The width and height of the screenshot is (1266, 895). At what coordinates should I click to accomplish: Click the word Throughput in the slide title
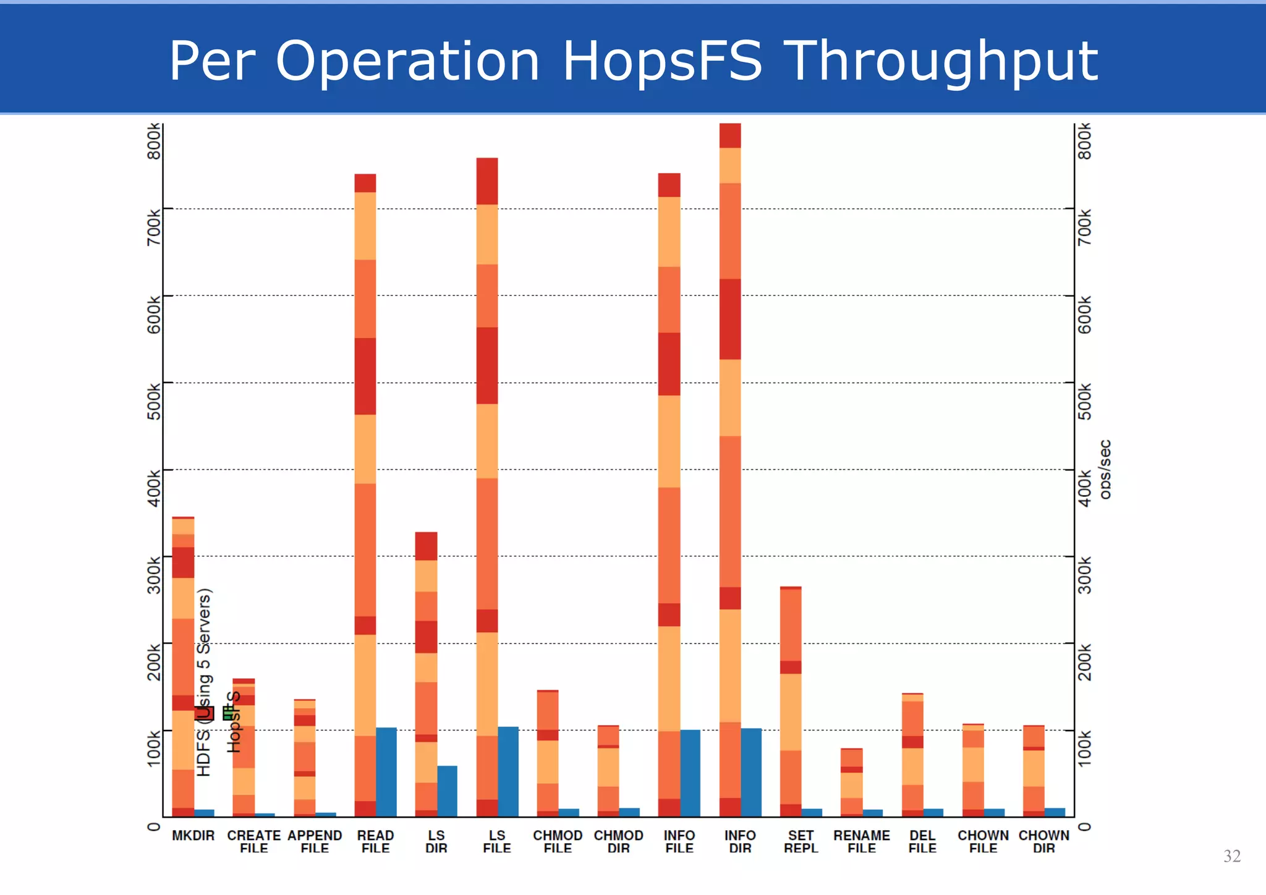click(944, 62)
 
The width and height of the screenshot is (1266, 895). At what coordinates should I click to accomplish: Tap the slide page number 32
click(1231, 856)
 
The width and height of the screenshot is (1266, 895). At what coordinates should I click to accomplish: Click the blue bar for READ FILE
click(386, 772)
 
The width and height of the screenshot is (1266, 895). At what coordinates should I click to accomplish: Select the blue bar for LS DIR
click(447, 791)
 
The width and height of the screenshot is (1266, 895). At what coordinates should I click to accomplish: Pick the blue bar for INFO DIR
click(751, 773)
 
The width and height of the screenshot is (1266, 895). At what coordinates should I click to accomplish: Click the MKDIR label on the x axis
click(193, 836)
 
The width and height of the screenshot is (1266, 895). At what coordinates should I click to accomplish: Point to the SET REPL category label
click(801, 842)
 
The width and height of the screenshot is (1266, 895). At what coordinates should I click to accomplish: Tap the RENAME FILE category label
click(861, 842)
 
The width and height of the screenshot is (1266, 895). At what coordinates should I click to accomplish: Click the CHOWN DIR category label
click(1043, 842)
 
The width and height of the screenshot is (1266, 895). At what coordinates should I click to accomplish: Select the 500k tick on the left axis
click(154, 401)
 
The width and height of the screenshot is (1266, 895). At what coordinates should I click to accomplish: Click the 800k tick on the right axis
click(1085, 141)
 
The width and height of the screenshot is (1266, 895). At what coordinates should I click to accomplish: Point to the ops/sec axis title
click(1105, 469)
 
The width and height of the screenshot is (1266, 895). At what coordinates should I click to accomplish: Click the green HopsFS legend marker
click(228, 714)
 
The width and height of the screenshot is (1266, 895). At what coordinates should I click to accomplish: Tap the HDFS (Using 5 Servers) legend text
click(204, 682)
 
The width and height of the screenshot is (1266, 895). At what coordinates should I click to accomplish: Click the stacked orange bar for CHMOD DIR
click(608, 771)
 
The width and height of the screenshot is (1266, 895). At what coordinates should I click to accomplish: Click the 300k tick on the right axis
click(1085, 575)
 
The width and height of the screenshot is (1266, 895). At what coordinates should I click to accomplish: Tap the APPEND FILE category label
click(315, 842)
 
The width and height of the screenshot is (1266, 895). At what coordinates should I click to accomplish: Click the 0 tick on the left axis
click(154, 826)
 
